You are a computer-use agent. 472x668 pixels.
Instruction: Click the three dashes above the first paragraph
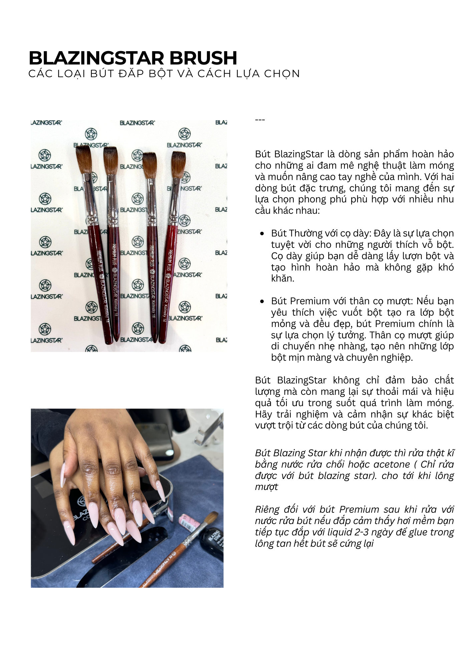[260, 120]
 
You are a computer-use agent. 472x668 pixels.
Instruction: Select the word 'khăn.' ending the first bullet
[282, 279]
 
